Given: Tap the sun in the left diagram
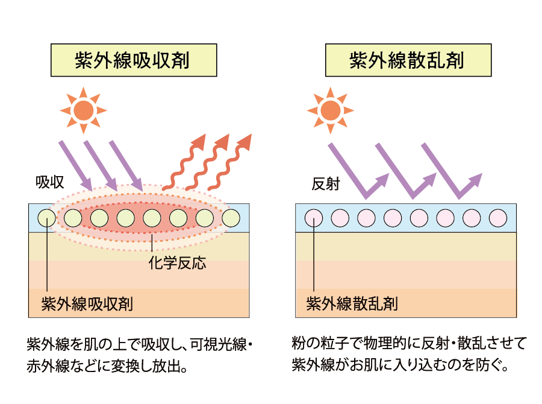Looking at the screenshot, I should (83, 110).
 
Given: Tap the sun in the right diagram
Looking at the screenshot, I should (329, 110).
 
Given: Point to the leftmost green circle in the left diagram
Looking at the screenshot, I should (46, 217).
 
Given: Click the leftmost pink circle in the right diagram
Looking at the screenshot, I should (314, 217).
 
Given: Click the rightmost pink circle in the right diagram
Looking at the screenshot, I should (498, 217).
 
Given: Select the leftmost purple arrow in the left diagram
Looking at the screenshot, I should (75, 163).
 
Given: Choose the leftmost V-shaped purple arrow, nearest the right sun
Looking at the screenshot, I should (355, 172).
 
